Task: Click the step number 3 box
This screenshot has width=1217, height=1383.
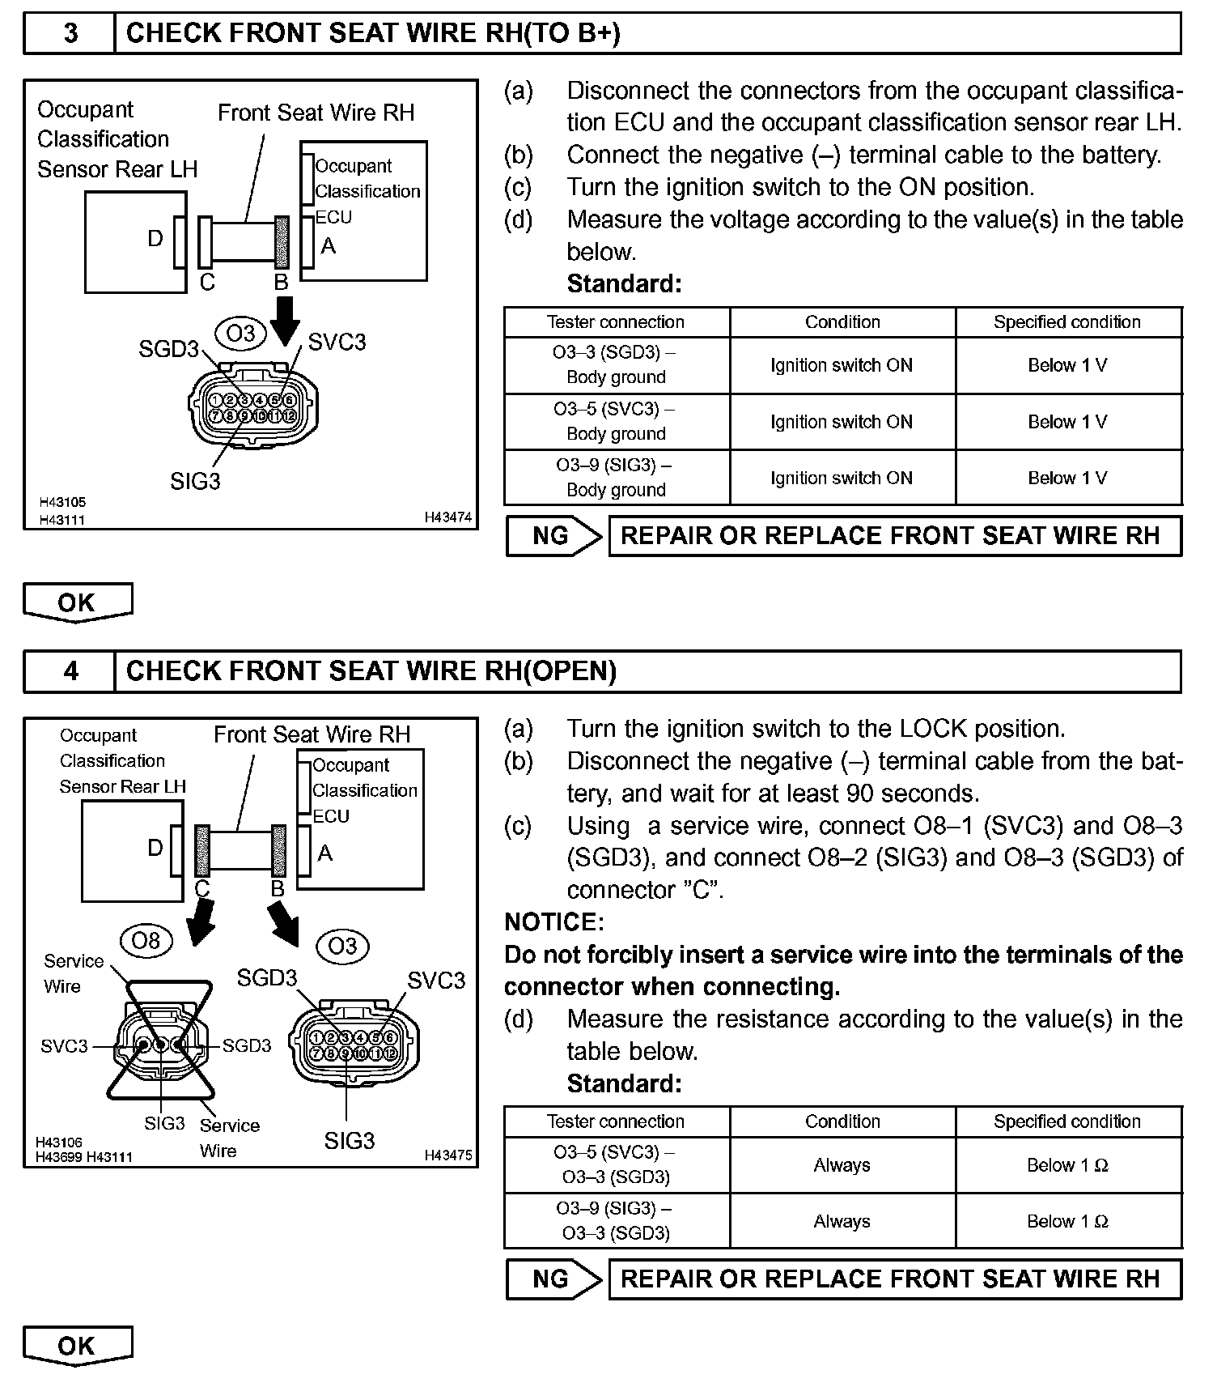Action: click(x=70, y=33)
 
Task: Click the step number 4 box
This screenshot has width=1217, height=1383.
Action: click(x=70, y=671)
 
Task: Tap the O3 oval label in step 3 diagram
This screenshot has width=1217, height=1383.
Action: click(x=240, y=334)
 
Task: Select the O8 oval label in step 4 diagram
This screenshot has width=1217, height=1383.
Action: click(x=146, y=941)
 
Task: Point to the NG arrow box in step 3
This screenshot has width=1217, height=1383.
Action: click(x=554, y=536)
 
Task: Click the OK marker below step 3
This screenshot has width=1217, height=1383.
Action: click(x=77, y=603)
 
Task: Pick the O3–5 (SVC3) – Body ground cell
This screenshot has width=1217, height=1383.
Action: click(x=617, y=421)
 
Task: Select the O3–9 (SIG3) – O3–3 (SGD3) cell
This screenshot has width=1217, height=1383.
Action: click(x=617, y=1220)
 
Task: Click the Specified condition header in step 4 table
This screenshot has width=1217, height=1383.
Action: click(x=1067, y=1121)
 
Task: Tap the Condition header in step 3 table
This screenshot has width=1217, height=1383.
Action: click(x=842, y=321)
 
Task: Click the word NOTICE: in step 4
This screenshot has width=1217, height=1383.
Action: click(x=554, y=922)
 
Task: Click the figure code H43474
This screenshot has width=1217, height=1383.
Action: click(x=448, y=517)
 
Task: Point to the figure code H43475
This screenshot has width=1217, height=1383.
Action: click(x=448, y=1155)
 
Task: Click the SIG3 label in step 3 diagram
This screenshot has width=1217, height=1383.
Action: click(x=195, y=481)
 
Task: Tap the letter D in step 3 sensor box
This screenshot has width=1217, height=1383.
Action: click(x=155, y=239)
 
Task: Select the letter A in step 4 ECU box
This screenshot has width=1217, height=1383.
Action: click(x=325, y=853)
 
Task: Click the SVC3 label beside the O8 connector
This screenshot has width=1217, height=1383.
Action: click(x=64, y=1046)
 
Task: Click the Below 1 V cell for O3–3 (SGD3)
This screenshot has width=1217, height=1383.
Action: click(x=1067, y=365)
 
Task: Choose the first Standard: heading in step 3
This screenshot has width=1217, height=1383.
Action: click(x=624, y=284)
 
